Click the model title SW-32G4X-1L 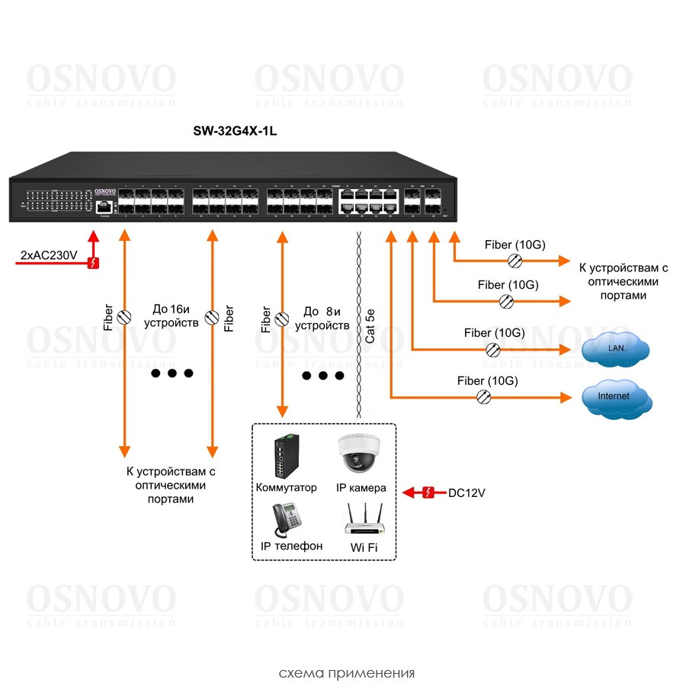[233, 132]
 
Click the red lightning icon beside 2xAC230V [93, 264]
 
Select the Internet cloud [614, 397]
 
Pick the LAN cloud [616, 349]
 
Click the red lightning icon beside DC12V [428, 492]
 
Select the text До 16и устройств [175, 316]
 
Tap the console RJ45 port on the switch [104, 206]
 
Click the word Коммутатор [287, 488]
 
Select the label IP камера [361, 488]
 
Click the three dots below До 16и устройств [172, 373]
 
